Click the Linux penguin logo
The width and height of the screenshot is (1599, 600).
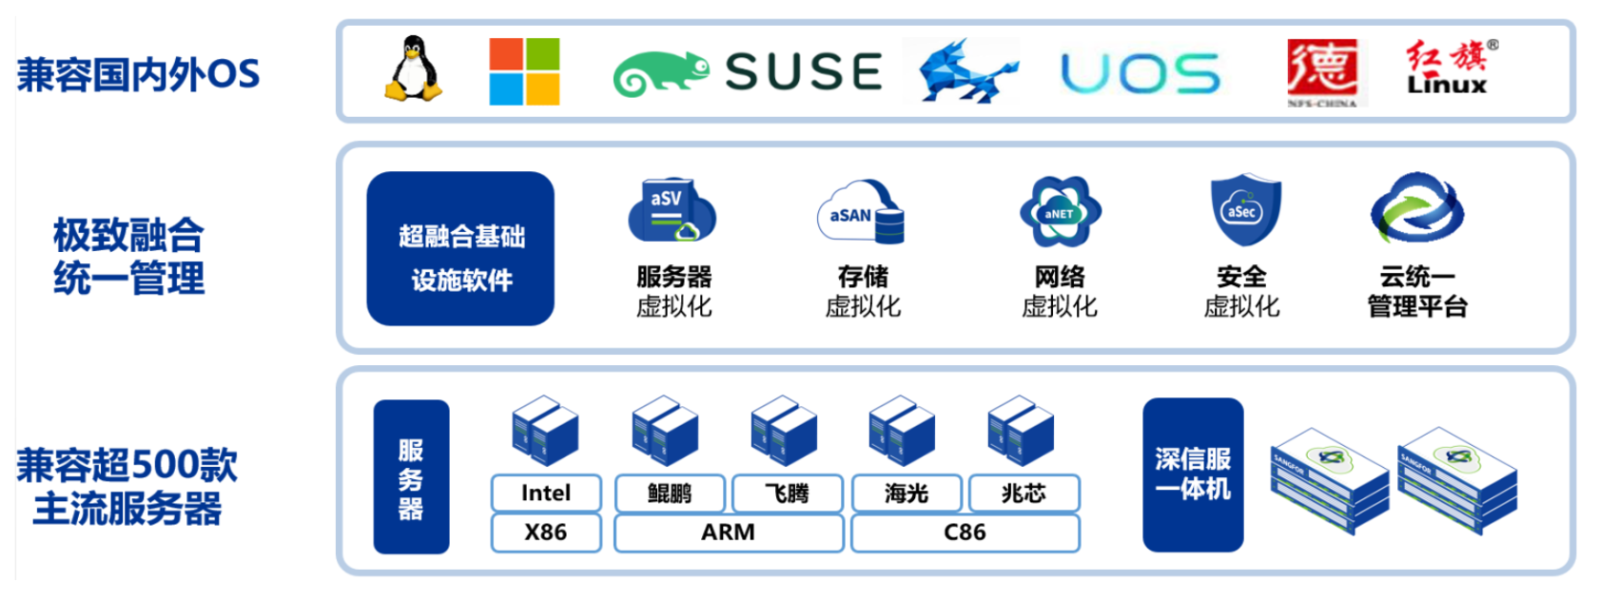413,68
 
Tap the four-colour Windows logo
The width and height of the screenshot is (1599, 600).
524,71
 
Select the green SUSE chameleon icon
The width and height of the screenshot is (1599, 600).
660,74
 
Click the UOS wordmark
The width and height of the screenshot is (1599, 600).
1140,73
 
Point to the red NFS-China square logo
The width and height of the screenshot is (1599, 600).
1321,69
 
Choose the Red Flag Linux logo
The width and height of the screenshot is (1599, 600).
1449,68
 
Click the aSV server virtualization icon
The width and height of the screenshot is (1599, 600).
671,210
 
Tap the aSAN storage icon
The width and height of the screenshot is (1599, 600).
862,212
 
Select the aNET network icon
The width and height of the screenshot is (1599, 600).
1060,211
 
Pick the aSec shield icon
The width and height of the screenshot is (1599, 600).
1244,210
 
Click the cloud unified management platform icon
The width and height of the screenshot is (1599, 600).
1416,208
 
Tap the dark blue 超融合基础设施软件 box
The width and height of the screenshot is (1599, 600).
460,248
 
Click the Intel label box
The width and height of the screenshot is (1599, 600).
546,494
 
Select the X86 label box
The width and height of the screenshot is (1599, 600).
546,532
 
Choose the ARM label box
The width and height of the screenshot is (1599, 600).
729,532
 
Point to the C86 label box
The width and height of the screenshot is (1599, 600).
965,532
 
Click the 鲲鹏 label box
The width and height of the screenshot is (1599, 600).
670,494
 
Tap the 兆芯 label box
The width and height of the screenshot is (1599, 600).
1024,494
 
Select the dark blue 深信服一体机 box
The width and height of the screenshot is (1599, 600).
1193,474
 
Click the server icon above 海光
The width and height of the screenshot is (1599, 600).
901,430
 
